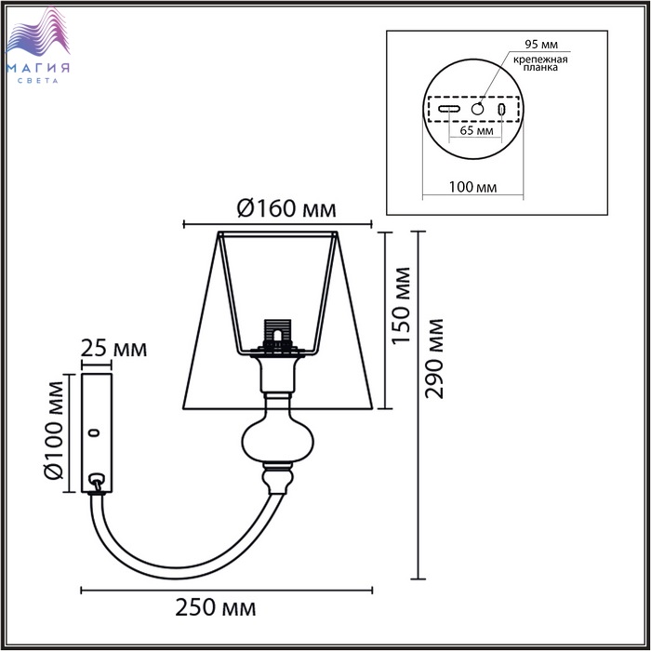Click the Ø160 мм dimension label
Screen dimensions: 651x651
pos(286,209)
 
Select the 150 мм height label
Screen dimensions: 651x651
pos(401,306)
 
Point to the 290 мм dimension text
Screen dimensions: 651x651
pos(434,359)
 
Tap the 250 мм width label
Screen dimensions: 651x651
pos(216,608)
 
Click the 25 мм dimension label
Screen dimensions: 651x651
pos(113,349)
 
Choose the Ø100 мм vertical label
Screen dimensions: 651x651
pos(54,430)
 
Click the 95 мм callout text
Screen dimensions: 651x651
pos(541,45)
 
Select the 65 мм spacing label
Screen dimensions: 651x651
pos(476,130)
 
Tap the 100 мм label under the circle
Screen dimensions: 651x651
pos(472,187)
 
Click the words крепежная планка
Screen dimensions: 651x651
pos(540,63)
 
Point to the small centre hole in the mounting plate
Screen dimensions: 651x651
pos(477,109)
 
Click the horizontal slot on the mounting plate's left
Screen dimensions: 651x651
pos(449,109)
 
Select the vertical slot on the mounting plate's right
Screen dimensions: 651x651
pos(502,109)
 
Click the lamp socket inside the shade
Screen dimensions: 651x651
pos(278,336)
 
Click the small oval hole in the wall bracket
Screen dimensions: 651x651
pos(96,433)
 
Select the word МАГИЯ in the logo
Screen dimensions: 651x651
pos(38,68)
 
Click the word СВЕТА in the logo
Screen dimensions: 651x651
pos(38,81)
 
